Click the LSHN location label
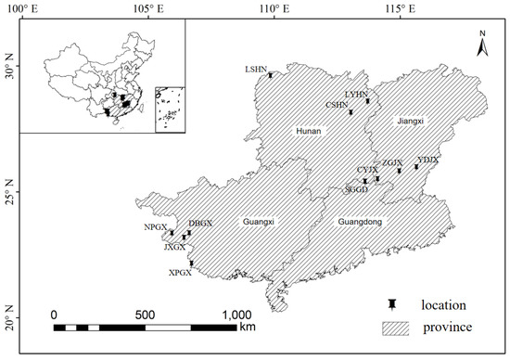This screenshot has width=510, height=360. click(x=256, y=69)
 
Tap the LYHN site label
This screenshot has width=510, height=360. click(x=356, y=94)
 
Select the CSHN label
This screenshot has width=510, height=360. click(x=337, y=106)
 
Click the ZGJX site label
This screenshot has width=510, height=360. click(x=392, y=162)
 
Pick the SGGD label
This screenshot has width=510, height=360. click(x=356, y=188)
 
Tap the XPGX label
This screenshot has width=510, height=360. click(x=180, y=273)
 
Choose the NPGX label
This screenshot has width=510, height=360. click(x=156, y=226)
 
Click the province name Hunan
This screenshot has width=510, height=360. click(x=308, y=132)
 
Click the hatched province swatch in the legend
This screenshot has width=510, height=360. click(x=400, y=328)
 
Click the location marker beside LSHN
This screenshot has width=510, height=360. click(x=271, y=74)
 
